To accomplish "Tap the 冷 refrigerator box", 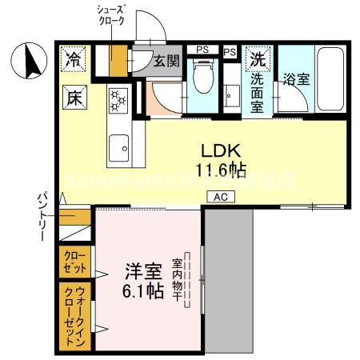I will (73, 59).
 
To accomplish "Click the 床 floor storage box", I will (73, 100).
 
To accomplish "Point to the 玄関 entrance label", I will (166, 61).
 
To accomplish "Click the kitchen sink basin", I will (119, 146).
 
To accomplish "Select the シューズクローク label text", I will (111, 16).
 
